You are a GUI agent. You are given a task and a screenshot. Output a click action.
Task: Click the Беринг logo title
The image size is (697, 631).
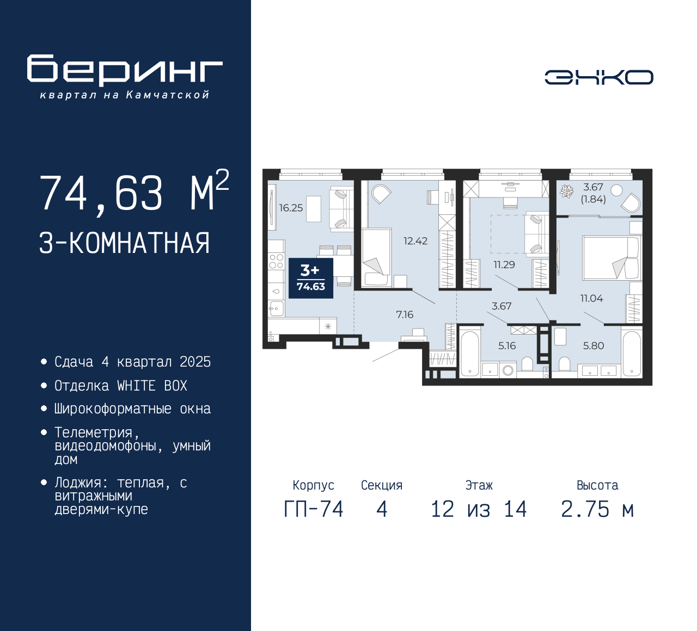click(x=125, y=70)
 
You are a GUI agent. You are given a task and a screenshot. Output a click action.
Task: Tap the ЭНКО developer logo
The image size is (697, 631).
click(x=598, y=77)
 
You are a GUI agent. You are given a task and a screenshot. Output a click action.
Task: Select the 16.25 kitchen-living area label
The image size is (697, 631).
click(x=291, y=208)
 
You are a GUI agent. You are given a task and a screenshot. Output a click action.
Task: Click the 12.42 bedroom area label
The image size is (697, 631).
click(x=415, y=241)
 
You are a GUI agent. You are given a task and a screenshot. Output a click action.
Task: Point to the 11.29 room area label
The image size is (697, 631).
click(x=504, y=265)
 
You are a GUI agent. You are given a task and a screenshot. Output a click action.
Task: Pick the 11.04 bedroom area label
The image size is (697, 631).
click(x=591, y=298)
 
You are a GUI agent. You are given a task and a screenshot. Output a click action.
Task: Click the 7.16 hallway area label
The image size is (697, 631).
click(x=405, y=315)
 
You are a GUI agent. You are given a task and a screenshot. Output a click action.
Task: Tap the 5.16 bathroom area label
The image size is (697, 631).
click(x=507, y=346)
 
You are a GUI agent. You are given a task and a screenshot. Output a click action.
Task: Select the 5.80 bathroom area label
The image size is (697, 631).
click(x=594, y=346)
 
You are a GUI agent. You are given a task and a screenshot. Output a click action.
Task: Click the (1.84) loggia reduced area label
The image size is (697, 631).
click(x=594, y=199)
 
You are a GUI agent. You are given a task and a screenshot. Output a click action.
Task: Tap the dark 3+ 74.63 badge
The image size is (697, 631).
click(x=310, y=278)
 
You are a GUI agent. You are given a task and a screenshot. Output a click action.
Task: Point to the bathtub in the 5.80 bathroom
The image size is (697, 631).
click(x=631, y=354)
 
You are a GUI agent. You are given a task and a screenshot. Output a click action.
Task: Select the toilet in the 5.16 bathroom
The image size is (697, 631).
click(x=528, y=363)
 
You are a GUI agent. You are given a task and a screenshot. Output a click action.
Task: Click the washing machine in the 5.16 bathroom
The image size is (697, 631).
click(x=508, y=370)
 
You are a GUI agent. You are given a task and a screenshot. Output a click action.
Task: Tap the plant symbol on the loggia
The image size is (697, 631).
click(x=566, y=191)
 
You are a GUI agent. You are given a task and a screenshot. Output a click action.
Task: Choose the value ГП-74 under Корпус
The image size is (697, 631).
click(x=314, y=509)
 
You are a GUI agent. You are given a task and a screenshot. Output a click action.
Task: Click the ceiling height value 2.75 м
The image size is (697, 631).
click(x=597, y=509)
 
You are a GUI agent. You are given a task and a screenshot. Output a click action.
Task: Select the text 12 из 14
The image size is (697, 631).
click(x=479, y=509)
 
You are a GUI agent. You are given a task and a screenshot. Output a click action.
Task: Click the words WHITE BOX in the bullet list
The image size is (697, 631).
click(x=152, y=386)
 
